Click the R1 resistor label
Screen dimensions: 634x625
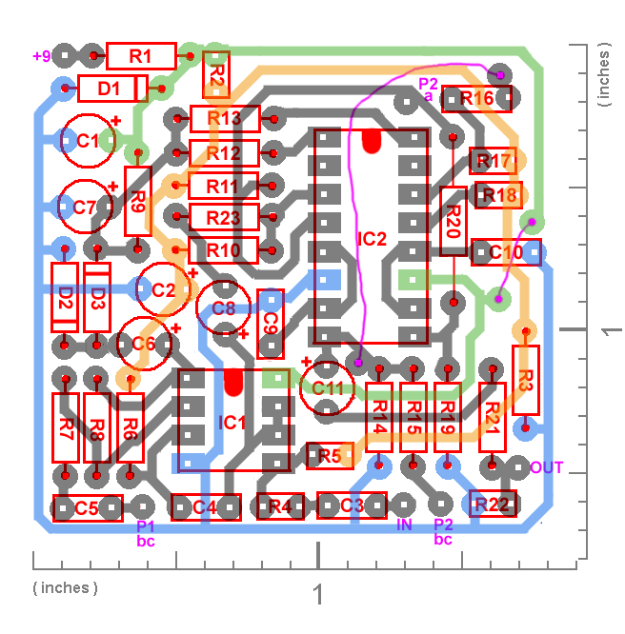(x=141, y=56)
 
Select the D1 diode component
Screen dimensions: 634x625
(x=111, y=89)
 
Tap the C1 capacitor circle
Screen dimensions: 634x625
(x=88, y=141)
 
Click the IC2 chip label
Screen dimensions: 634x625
(x=372, y=238)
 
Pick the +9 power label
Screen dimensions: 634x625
(x=42, y=56)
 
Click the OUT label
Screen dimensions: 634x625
(x=547, y=467)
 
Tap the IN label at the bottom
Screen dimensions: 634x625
(x=404, y=525)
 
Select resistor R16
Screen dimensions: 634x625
(x=475, y=98)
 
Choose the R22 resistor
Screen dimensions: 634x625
(x=493, y=505)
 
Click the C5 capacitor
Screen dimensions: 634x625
(x=88, y=508)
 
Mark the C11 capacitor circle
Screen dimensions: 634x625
(x=327, y=388)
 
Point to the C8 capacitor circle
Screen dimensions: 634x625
(x=224, y=307)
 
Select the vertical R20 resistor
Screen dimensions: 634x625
(x=454, y=222)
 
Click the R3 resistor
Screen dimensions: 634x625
(x=525, y=379)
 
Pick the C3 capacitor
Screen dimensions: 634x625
(x=352, y=505)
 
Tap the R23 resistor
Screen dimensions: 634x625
(x=224, y=217)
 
